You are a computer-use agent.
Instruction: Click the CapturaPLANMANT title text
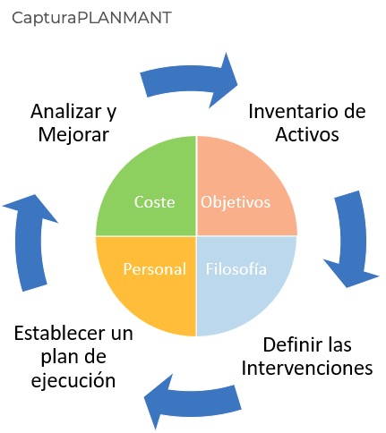91,18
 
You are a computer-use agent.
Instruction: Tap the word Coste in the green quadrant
154,202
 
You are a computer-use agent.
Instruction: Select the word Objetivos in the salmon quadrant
236,202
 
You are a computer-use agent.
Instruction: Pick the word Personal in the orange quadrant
155,268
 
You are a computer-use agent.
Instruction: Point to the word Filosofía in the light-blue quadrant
236,268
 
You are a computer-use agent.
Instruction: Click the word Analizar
66,111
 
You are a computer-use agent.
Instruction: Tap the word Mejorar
73,135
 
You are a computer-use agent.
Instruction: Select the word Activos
307,134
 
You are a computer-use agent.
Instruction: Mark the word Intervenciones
307,368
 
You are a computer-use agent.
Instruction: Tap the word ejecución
73,381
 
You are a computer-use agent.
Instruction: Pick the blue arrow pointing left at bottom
194,402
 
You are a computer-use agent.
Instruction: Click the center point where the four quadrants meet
196,236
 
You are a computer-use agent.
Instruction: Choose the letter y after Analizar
112,114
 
